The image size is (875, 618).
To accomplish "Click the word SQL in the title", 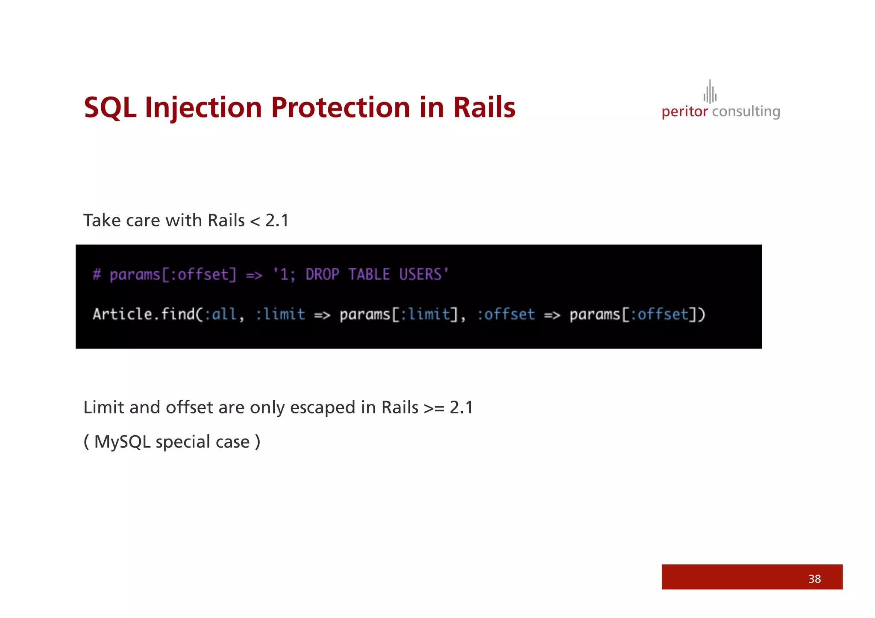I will pyautogui.click(x=110, y=108).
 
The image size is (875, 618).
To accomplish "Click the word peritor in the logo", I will pyautogui.click(x=684, y=112).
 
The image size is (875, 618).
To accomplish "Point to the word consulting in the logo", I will pyautogui.click(x=746, y=112).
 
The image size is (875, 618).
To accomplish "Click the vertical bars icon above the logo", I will pyautogui.click(x=710, y=92).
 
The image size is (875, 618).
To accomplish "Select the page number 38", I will pyautogui.click(x=814, y=579).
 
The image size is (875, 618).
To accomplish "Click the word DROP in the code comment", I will pyautogui.click(x=323, y=274).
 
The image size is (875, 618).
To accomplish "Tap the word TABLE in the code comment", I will pyautogui.click(x=369, y=274).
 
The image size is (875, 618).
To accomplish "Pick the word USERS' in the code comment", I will pyautogui.click(x=424, y=274).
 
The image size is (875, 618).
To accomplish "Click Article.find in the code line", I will pyautogui.click(x=144, y=314).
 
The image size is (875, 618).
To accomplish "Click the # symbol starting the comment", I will pyautogui.click(x=97, y=274).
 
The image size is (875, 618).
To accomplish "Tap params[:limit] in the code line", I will pyautogui.click(x=399, y=314).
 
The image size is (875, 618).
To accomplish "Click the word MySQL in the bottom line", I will pyautogui.click(x=123, y=442).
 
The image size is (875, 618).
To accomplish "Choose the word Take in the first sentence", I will pyautogui.click(x=101, y=220).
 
